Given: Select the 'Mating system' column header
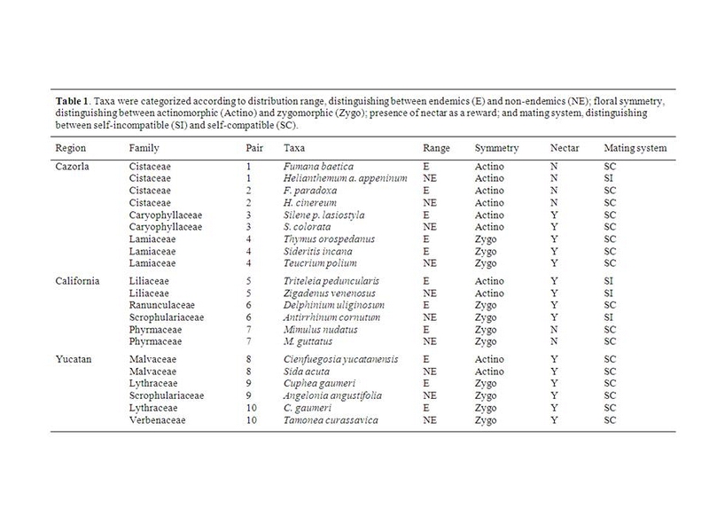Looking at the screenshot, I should pos(635,147).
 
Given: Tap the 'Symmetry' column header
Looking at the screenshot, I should pos(496,147).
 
